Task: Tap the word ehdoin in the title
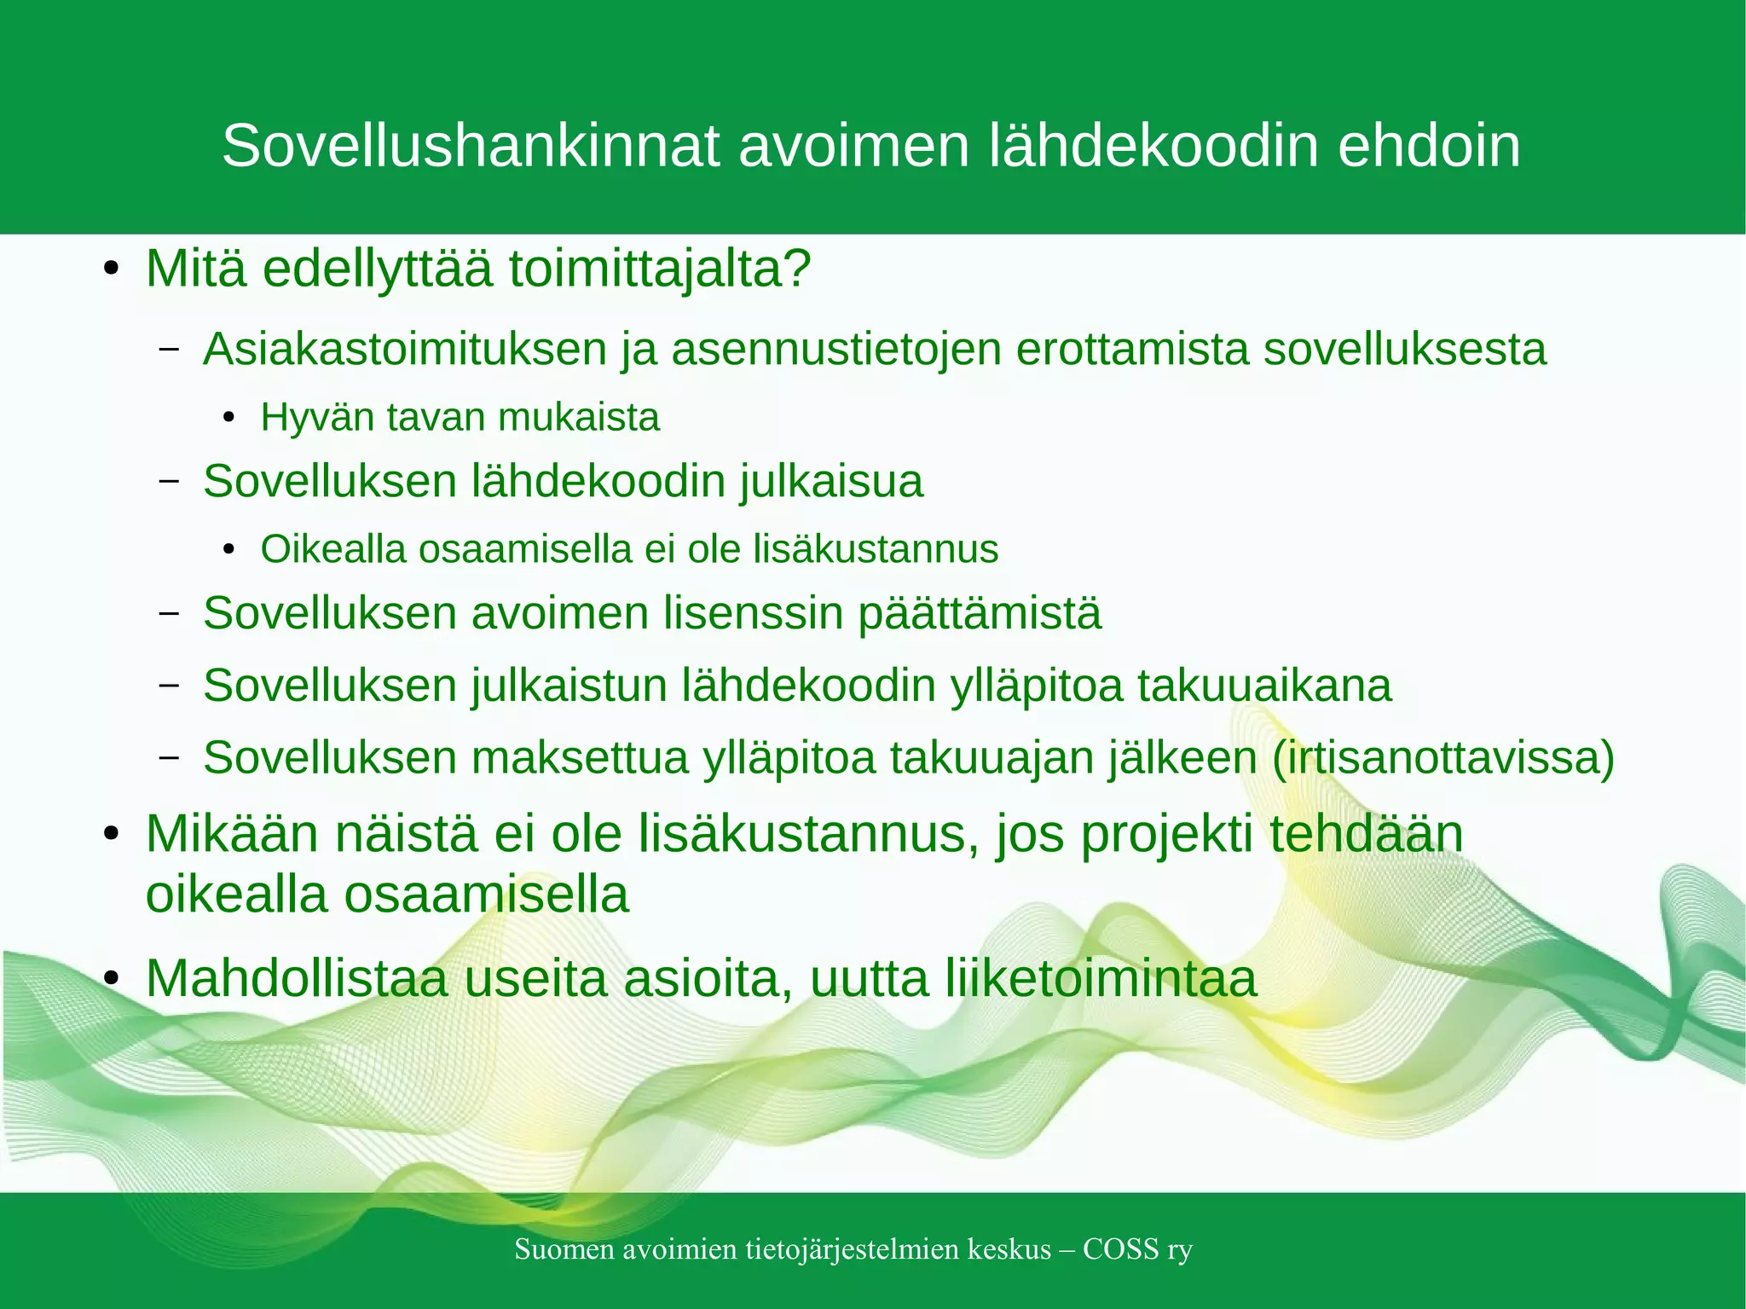[x=1429, y=147]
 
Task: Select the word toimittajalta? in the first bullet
[x=660, y=269]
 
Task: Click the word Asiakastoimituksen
[x=405, y=350]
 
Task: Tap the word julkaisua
[x=831, y=482]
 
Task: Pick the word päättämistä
[x=980, y=614]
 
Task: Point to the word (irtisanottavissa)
[x=1443, y=758]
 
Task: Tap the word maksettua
[x=580, y=758]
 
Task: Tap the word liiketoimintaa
[x=1101, y=979]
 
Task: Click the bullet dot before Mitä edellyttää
[x=111, y=271]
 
